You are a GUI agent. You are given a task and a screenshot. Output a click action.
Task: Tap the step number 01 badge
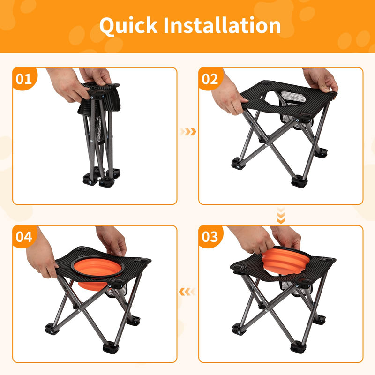tap(24, 78)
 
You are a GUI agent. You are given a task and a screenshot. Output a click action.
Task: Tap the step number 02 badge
tap(210, 78)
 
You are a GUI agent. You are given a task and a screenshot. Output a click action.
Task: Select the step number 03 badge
tap(210, 236)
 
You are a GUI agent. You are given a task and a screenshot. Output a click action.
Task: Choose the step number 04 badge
tap(24, 236)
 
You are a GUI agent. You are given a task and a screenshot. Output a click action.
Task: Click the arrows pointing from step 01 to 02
tap(188, 132)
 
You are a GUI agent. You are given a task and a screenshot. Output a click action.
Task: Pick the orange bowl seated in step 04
tap(96, 272)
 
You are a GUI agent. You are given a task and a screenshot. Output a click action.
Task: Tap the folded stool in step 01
tap(100, 136)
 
